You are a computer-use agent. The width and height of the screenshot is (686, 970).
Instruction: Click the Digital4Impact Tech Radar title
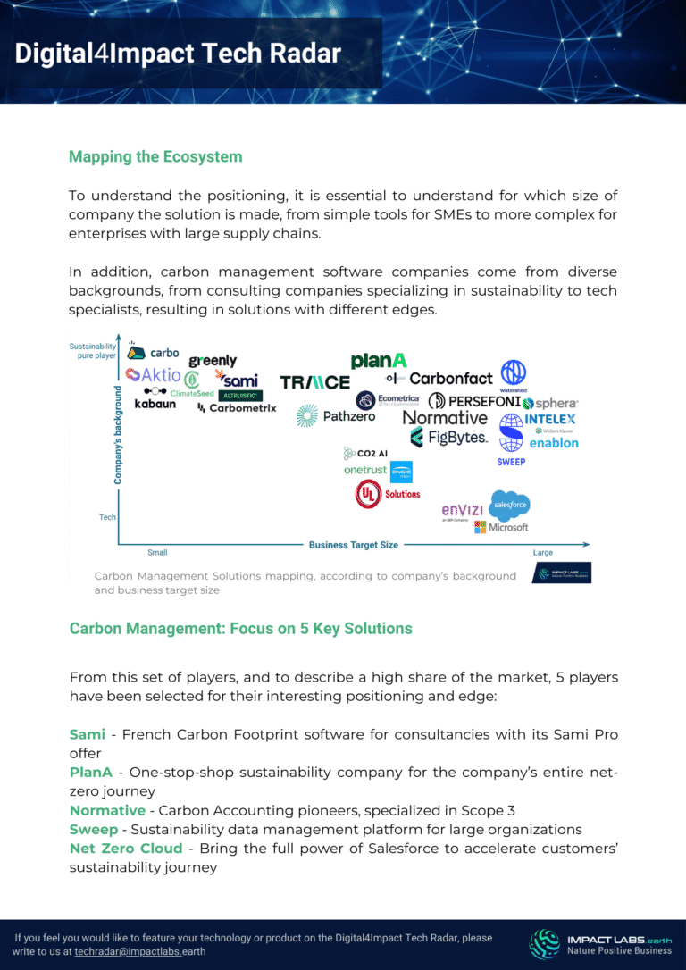pyautogui.click(x=178, y=54)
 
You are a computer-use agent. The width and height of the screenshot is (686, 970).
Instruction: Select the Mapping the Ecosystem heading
pyautogui.click(x=155, y=157)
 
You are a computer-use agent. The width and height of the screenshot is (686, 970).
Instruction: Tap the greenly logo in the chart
pyautogui.click(x=213, y=361)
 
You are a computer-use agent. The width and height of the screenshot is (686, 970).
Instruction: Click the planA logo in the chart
pyautogui.click(x=379, y=360)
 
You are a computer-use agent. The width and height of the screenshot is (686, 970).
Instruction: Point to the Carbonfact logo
pyautogui.click(x=450, y=379)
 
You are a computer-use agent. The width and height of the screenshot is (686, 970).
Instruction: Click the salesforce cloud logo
pyautogui.click(x=510, y=506)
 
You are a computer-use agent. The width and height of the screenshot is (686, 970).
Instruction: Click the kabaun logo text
pyautogui.click(x=155, y=405)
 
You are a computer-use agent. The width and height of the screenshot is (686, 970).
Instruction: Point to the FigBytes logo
pyautogui.click(x=448, y=438)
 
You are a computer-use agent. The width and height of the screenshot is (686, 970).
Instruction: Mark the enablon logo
pyautogui.click(x=554, y=443)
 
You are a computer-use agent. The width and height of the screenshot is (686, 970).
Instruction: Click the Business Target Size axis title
pyautogui.click(x=354, y=545)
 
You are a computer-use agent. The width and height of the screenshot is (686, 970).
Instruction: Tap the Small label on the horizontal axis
pyautogui.click(x=157, y=553)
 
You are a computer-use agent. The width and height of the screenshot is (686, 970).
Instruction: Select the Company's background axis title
pyautogui.click(x=117, y=435)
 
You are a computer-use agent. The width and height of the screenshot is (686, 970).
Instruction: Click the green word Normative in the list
pyautogui.click(x=107, y=811)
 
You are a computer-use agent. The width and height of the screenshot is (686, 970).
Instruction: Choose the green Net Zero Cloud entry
pyautogui.click(x=126, y=849)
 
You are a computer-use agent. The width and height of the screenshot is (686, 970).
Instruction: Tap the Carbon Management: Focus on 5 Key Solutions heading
pyautogui.click(x=241, y=629)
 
